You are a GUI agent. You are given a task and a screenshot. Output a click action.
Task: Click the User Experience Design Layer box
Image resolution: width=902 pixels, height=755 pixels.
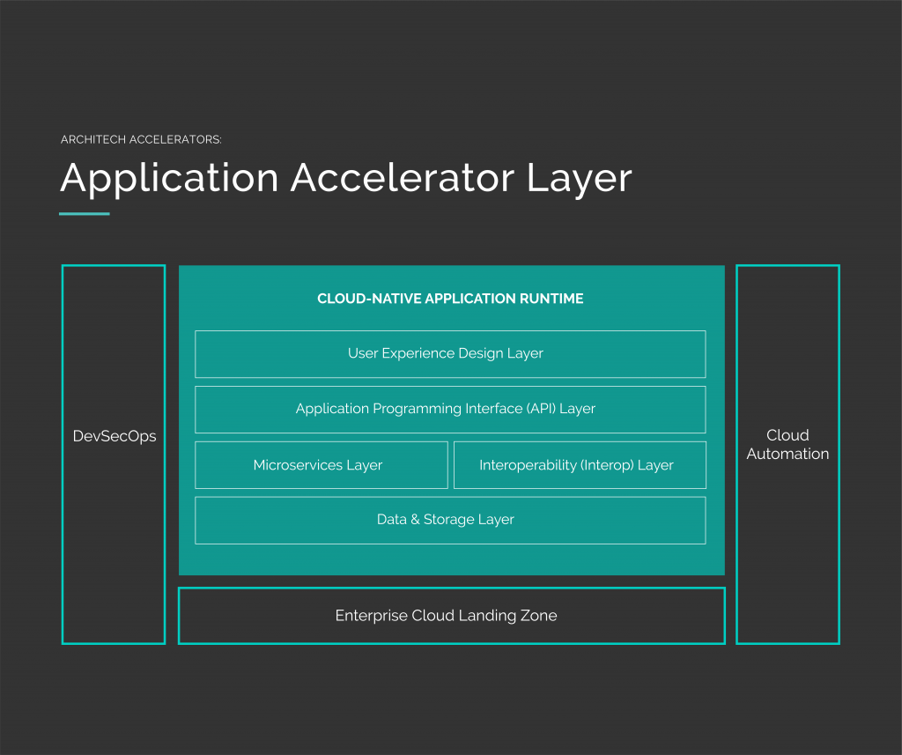[x=449, y=353]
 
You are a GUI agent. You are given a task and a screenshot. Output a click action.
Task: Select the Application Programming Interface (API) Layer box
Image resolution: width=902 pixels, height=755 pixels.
[x=449, y=409]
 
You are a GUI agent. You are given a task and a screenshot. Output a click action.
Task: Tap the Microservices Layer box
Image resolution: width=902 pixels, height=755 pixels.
[x=321, y=464]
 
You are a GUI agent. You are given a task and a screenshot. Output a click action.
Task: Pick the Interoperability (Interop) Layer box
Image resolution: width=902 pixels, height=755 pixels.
[x=579, y=464]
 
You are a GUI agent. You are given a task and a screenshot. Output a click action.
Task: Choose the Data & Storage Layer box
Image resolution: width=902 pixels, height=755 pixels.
[x=449, y=520]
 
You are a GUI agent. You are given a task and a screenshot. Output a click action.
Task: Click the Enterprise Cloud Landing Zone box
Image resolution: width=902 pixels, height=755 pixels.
[x=451, y=616]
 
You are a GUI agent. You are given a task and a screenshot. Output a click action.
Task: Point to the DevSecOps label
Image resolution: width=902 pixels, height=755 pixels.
[x=115, y=436]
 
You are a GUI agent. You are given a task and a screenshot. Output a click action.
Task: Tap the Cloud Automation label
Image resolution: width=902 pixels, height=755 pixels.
[x=787, y=445]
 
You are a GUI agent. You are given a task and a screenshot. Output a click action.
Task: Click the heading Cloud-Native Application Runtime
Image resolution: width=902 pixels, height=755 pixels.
[x=450, y=299]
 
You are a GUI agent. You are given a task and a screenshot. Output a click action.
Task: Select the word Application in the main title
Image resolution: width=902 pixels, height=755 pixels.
[x=169, y=178]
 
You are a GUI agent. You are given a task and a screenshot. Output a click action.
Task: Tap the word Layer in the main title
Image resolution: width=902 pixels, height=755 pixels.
[x=580, y=178]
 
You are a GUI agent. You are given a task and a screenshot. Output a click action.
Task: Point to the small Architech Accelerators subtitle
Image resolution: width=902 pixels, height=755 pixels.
[x=141, y=140]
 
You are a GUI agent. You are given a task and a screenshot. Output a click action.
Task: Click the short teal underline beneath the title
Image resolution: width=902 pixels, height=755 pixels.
[x=85, y=213]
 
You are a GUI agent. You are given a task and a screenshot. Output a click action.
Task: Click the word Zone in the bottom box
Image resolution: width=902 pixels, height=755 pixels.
[x=537, y=616]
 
